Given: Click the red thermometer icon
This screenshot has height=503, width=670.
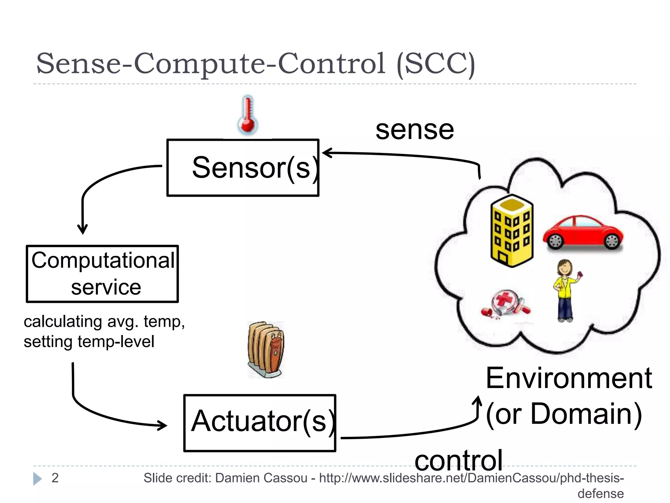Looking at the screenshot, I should pyautogui.click(x=248, y=115).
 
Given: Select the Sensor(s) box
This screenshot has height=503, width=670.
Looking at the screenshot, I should pyautogui.click(x=243, y=168).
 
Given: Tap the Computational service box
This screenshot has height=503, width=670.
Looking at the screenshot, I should pyautogui.click(x=102, y=274).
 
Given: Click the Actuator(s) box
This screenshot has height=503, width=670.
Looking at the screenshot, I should pyautogui.click(x=260, y=423).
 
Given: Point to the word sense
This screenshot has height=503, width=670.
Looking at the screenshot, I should pyautogui.click(x=414, y=130).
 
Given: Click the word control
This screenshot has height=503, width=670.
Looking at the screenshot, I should pyautogui.click(x=458, y=460).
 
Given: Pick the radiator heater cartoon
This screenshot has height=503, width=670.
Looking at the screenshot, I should pyautogui.click(x=266, y=349).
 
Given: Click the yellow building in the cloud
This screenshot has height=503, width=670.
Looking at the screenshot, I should pyautogui.click(x=512, y=231).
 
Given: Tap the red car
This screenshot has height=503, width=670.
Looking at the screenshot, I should pyautogui.click(x=583, y=232).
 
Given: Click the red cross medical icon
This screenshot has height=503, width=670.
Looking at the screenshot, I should pyautogui.click(x=505, y=303).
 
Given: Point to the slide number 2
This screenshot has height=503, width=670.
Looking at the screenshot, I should pyautogui.click(x=55, y=478).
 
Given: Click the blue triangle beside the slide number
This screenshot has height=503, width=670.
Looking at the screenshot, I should pyautogui.click(x=37, y=479).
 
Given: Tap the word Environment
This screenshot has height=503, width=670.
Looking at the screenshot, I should pyautogui.click(x=569, y=379).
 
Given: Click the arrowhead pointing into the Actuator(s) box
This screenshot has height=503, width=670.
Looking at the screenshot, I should pyautogui.click(x=163, y=425).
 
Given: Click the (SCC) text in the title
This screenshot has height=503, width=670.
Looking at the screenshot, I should pyautogui.click(x=435, y=64).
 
